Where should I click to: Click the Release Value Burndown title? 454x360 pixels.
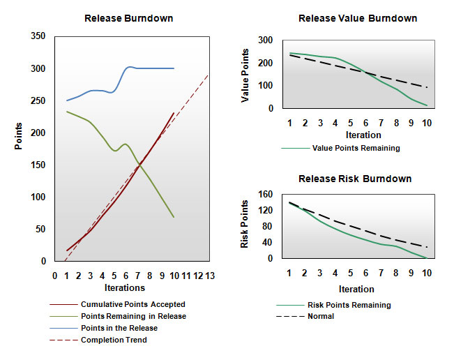point(358,18)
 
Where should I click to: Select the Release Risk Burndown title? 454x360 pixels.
point(354,179)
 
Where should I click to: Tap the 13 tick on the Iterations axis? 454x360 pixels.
point(209,276)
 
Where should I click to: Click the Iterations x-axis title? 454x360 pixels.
point(124,287)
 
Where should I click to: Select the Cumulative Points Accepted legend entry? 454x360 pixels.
point(133,304)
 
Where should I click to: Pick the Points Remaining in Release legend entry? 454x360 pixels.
point(133,316)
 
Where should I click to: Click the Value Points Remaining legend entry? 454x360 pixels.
point(356,148)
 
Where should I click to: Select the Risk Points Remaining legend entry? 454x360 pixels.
point(349,305)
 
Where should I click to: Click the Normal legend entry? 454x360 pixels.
point(320,316)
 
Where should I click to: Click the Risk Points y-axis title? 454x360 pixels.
point(245,225)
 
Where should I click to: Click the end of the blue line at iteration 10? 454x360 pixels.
point(174,68)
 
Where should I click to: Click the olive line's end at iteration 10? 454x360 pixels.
point(174,217)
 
